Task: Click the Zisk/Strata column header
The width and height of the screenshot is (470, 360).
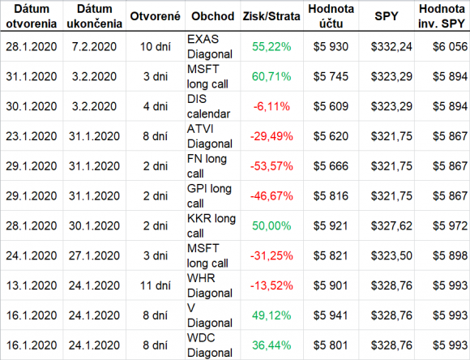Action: (271, 16)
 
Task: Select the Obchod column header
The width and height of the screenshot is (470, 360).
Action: (212, 16)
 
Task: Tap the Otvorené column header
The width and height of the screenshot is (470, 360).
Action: (156, 16)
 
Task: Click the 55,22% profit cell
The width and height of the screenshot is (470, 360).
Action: (271, 46)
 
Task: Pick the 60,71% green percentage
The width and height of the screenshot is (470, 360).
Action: (271, 76)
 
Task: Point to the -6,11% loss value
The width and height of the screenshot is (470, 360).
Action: (271, 106)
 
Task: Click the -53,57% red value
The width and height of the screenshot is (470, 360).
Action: (271, 166)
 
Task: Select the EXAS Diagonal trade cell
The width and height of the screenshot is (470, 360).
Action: (210, 46)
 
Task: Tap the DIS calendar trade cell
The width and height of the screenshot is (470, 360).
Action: (208, 106)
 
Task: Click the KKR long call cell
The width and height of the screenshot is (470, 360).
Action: (211, 225)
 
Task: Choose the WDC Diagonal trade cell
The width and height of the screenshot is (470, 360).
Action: (210, 345)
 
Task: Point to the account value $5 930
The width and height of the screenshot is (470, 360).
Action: (331, 46)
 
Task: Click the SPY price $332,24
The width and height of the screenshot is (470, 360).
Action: (391, 46)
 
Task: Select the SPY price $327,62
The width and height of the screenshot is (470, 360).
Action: (391, 225)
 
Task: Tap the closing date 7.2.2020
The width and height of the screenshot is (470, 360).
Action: (94, 46)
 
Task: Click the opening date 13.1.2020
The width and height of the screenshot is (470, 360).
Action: (32, 285)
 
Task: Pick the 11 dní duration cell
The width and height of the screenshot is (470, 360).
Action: (156, 285)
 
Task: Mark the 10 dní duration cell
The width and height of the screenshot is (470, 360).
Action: (156, 46)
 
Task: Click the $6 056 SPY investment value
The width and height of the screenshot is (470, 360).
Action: (450, 46)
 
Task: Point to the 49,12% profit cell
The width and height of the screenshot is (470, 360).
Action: (271, 315)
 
